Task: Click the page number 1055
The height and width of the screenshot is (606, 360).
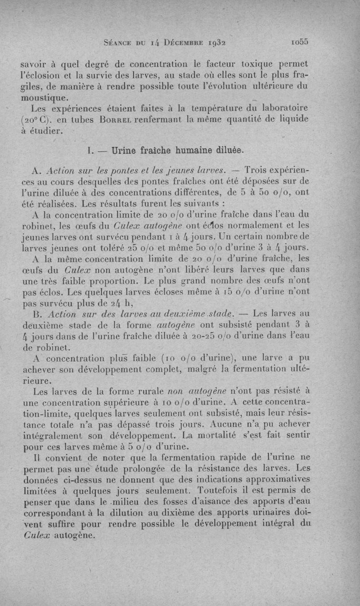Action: (299, 42)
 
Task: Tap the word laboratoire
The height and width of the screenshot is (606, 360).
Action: (281, 108)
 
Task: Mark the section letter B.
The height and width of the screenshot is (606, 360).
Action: (37, 314)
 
